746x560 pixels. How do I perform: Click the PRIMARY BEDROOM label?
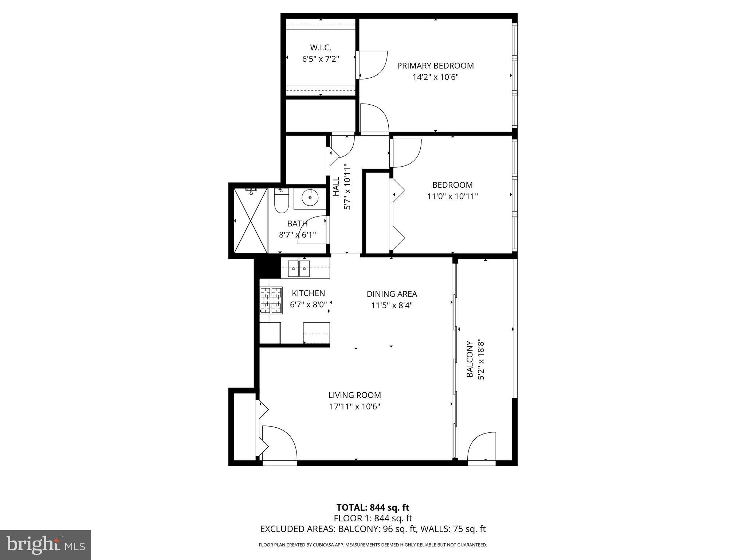[435, 66]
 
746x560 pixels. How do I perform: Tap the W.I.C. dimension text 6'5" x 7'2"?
[321, 59]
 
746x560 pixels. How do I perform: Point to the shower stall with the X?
[251, 221]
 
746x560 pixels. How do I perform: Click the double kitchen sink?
[299, 269]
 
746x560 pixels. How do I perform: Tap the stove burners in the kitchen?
[271, 300]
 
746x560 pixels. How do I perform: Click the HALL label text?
[336, 186]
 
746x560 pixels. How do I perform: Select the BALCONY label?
[470, 359]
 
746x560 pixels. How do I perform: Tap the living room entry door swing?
[279, 443]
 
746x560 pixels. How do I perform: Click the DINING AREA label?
[392, 294]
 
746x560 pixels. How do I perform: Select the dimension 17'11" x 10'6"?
[355, 407]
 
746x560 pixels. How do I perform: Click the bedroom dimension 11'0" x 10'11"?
[452, 197]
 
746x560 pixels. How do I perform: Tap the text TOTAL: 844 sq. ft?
[373, 507]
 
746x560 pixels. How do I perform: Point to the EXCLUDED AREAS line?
[373, 529]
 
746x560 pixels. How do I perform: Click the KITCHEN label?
[308, 293]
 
